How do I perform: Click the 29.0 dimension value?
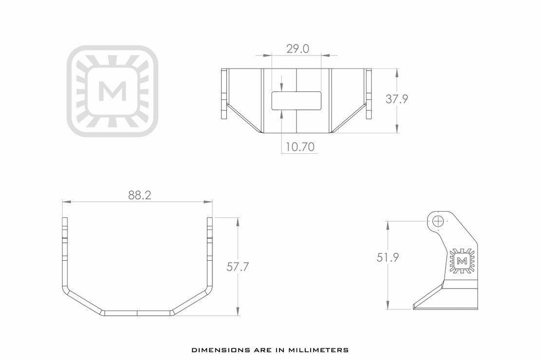[297, 49]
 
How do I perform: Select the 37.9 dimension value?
[397, 99]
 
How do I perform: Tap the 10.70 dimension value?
[299, 146]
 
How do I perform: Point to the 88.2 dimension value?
[140, 195]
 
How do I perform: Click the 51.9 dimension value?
[388, 258]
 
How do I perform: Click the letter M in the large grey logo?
[112, 91]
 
